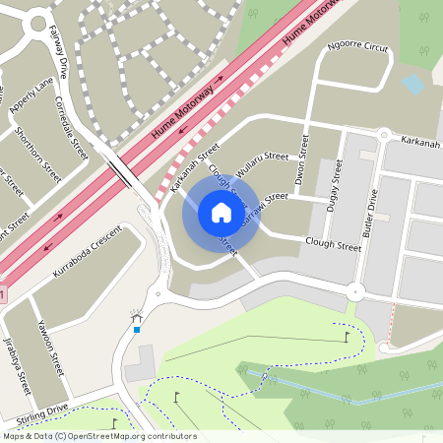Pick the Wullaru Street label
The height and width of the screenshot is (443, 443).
263,163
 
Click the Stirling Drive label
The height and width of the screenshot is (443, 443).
34,411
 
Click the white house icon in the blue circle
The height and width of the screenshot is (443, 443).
221,213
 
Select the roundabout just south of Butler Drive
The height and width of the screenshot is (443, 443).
354,291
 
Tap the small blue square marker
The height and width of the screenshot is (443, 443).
137,329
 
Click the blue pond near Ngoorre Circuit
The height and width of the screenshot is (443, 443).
413,85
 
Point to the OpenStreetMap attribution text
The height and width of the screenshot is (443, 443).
99,436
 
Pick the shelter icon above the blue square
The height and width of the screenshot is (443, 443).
137,316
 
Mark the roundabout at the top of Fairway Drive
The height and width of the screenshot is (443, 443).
38,19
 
